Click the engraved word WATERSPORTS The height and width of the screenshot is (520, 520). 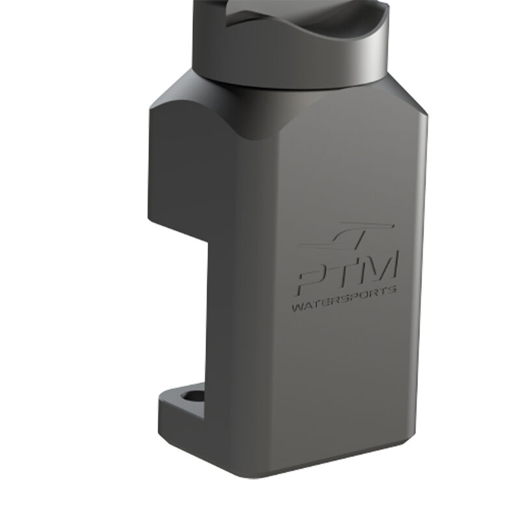(x=344, y=299)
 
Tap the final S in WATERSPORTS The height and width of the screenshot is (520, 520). (x=392, y=291)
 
